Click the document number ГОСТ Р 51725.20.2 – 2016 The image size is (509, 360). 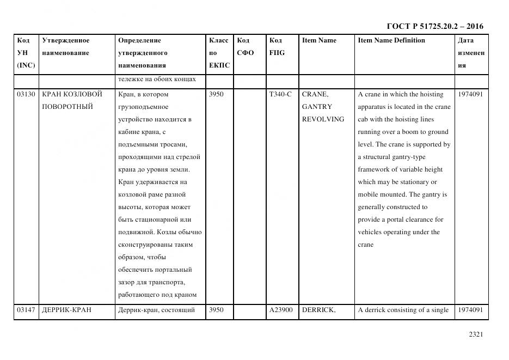[x=434, y=26]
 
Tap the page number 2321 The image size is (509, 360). [x=476, y=334]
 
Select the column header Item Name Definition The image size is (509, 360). [x=391, y=40]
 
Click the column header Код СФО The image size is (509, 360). [x=246, y=47]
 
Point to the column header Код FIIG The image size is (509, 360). [x=277, y=47]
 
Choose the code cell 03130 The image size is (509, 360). [x=26, y=94]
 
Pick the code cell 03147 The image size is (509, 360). [x=26, y=310]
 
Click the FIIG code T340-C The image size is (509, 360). [x=280, y=94]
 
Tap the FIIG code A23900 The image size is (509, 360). [x=281, y=310]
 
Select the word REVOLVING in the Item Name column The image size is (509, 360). [x=323, y=119]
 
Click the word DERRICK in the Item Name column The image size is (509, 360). [x=318, y=310]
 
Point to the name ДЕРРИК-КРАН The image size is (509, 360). [x=66, y=310]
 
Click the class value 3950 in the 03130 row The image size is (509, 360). [x=216, y=94]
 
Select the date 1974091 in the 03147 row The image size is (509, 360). [x=470, y=310]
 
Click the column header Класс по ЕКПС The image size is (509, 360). [x=219, y=53]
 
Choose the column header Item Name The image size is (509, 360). [x=319, y=40]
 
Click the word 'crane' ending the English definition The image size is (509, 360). [x=366, y=245]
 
